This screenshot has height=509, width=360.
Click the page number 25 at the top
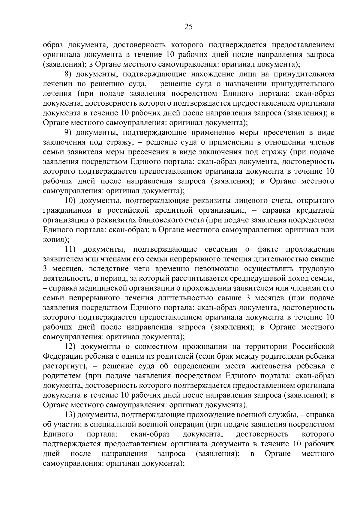(x=188, y=27)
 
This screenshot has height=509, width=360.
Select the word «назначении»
(x=242, y=84)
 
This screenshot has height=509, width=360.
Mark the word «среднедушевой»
(x=261, y=278)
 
